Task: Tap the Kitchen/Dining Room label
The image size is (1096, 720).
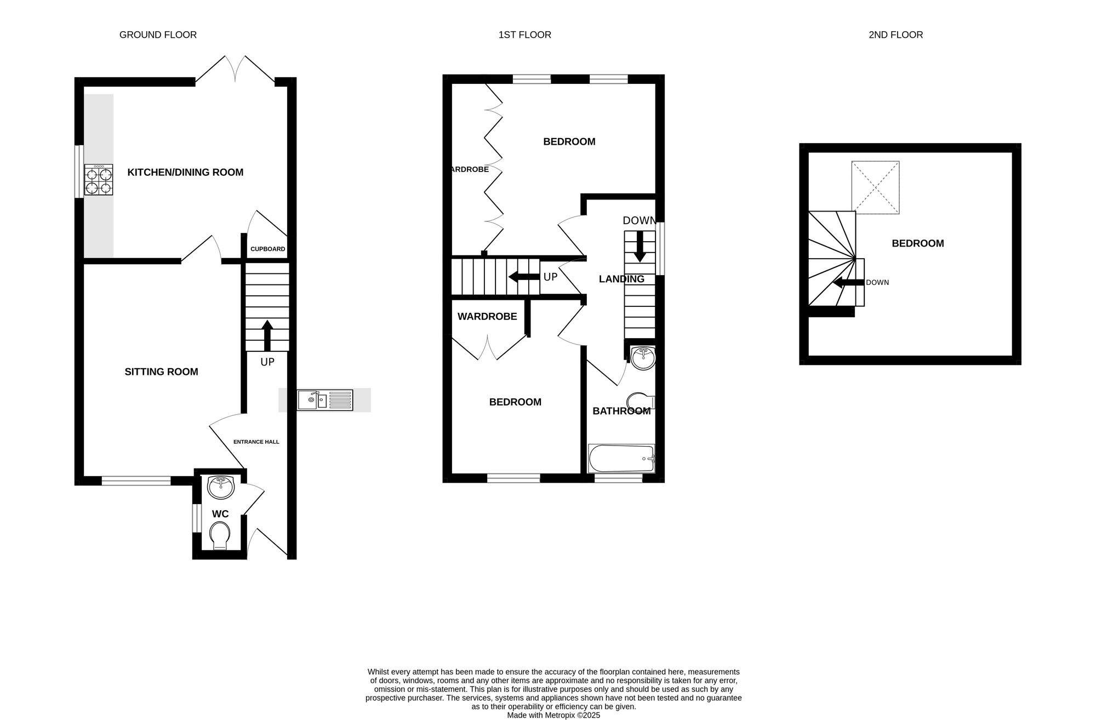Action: coord(185,172)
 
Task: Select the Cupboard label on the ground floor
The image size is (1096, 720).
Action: coord(268,249)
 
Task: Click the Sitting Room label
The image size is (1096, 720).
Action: coord(161,372)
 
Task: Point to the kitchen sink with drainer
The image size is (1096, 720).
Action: coord(326,400)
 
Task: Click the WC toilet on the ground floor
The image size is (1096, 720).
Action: coord(220,535)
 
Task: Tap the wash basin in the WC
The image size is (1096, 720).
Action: coord(221,487)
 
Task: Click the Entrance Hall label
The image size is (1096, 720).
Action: coord(256,442)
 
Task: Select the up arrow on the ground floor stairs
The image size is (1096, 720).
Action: coord(267,335)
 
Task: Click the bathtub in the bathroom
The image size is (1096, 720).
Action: coord(621,459)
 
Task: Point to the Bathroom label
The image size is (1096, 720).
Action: coord(621,411)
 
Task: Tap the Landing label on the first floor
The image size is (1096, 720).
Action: coord(621,279)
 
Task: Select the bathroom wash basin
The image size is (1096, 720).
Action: coord(643,358)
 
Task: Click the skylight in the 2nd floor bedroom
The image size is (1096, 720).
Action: coord(875,187)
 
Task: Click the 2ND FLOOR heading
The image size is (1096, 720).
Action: coord(896,35)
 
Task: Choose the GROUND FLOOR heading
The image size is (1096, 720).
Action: coord(158,35)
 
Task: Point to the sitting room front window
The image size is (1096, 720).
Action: coord(136,481)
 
